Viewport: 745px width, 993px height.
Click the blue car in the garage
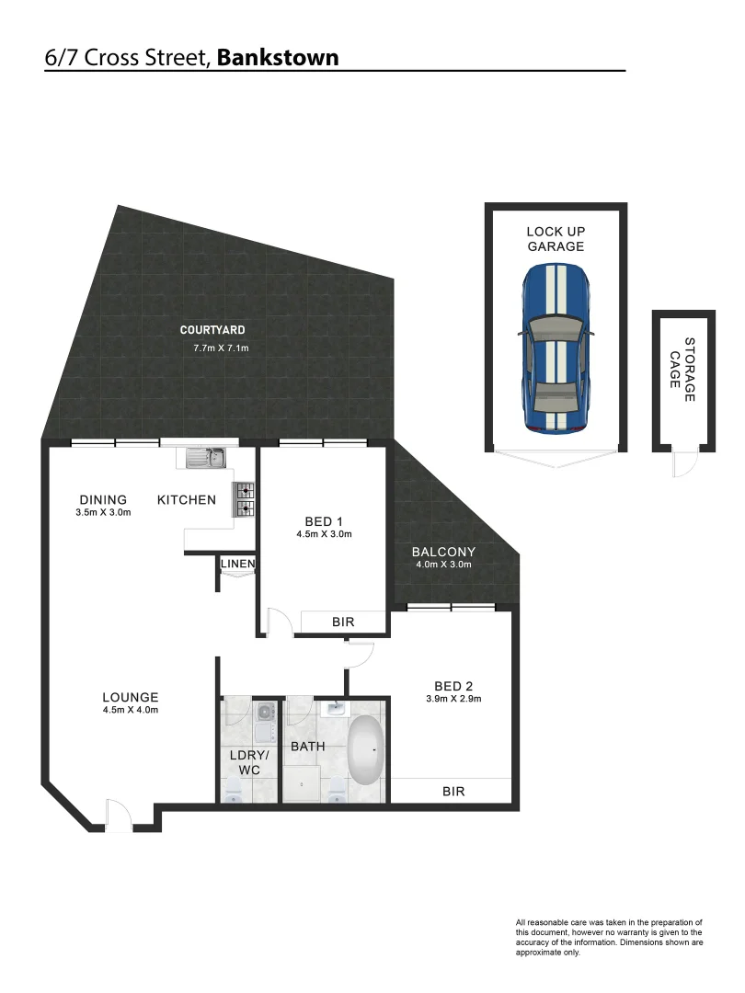click(x=556, y=350)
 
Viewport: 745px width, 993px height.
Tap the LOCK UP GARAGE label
click(x=556, y=239)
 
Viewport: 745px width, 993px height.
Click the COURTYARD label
click(x=212, y=330)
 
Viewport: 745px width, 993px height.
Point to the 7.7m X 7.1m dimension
click(x=221, y=348)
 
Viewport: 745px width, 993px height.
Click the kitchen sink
click(x=207, y=457)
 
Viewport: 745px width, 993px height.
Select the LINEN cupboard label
click(x=237, y=564)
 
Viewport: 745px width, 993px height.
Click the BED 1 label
click(x=325, y=521)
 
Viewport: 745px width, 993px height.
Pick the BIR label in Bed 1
click(x=343, y=622)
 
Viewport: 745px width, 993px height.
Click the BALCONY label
click(x=442, y=552)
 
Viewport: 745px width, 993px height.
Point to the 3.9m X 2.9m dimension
click(x=453, y=699)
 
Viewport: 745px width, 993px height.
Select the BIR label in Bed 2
click(x=453, y=791)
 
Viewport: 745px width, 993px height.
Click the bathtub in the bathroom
click(x=366, y=749)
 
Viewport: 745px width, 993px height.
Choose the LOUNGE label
click(x=131, y=697)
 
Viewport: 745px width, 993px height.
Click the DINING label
click(x=102, y=500)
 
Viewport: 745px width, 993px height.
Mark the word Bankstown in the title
click(x=278, y=58)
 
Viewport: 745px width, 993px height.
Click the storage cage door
click(x=683, y=463)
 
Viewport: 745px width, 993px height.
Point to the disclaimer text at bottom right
click(x=610, y=937)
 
